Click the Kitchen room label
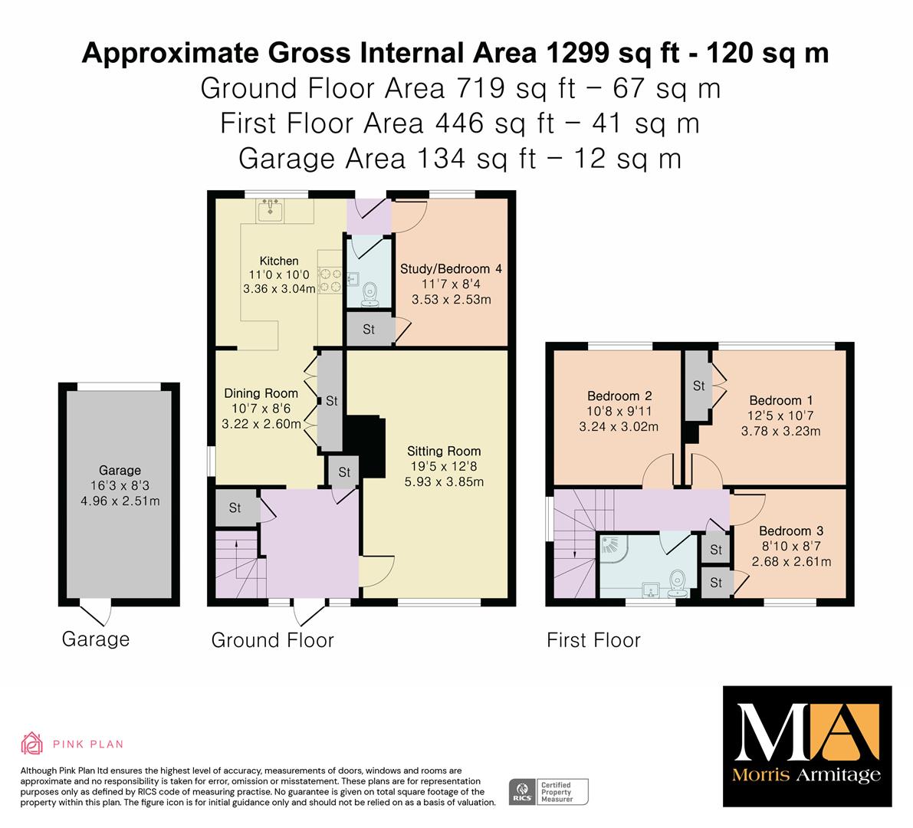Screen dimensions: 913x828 click(279, 261)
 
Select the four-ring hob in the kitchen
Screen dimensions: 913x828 click(330, 280)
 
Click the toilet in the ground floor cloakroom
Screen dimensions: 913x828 click(369, 294)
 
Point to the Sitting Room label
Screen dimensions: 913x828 click(444, 451)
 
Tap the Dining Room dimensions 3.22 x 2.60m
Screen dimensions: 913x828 click(261, 424)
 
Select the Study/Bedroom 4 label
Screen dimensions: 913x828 click(451, 269)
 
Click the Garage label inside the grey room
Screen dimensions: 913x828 click(120, 470)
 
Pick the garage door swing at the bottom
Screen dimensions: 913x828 click(96, 614)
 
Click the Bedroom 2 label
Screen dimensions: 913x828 click(619, 396)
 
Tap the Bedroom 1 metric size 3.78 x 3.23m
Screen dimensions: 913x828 click(781, 432)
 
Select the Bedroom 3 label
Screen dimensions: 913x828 click(791, 531)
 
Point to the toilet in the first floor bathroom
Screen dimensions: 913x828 click(678, 583)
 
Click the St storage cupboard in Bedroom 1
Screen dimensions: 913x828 click(698, 386)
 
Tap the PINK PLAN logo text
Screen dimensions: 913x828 click(88, 744)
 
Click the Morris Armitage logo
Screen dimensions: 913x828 click(807, 747)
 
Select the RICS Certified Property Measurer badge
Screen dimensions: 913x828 click(549, 792)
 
